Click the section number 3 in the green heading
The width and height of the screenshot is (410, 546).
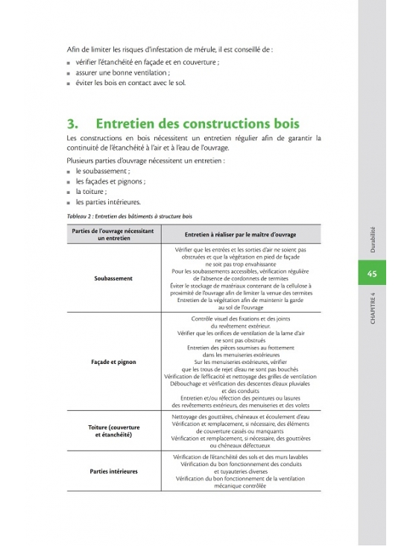point(72,122)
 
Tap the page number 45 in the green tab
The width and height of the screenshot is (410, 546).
point(374,274)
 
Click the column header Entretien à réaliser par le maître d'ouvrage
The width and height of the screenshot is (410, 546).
point(235,235)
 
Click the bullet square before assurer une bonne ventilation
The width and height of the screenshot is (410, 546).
point(68,74)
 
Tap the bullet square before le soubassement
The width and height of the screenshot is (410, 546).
point(68,171)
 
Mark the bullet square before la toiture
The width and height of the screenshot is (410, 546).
point(68,192)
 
